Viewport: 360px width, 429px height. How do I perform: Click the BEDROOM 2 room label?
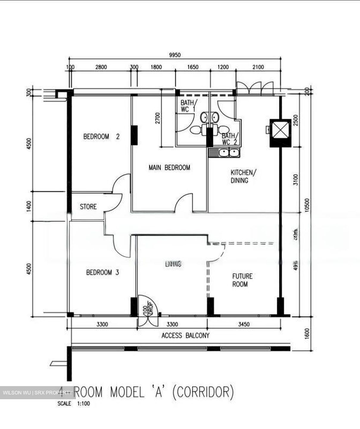pos(101,137)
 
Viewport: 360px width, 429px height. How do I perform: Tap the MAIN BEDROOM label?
pos(169,167)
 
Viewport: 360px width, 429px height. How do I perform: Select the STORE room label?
pos(88,206)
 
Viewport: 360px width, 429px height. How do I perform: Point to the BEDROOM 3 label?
pos(102,272)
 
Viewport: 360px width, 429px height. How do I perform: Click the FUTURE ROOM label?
pos(242,280)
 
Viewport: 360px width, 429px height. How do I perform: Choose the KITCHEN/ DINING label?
pos(242,176)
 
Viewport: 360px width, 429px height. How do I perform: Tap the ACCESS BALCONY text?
pos(185,335)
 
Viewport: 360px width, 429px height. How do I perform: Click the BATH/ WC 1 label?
pos(188,106)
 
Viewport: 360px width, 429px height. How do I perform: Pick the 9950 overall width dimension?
pos(175,55)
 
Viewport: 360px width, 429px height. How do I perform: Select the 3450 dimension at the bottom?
pos(244,324)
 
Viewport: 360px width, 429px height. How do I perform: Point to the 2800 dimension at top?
pos(101,67)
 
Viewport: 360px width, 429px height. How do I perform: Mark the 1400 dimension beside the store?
pos(29,206)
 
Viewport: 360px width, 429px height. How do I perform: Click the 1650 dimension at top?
pos(193,67)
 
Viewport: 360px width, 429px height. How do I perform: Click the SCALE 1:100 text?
pos(74,404)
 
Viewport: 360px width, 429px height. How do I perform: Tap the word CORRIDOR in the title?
pos(203,392)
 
